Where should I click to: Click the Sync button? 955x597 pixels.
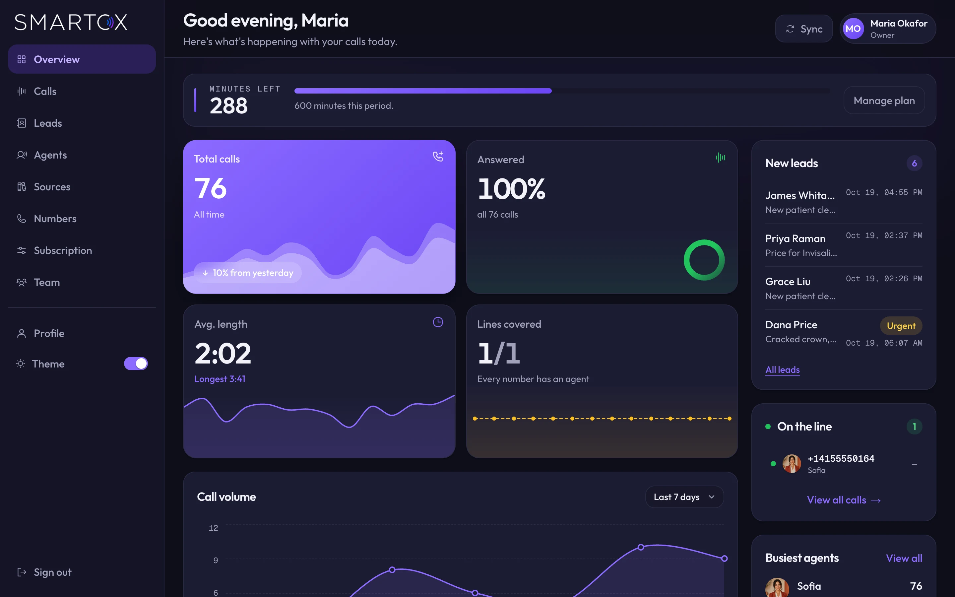pos(803,29)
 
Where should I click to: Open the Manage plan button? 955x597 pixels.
pos(884,101)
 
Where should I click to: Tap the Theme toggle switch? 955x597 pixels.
pos(136,364)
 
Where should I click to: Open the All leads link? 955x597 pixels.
pos(783,369)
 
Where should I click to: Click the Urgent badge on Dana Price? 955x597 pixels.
pos(901,326)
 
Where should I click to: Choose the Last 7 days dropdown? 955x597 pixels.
pos(684,497)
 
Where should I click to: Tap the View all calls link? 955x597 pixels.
pos(844,500)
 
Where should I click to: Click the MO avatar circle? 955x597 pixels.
pos(853,29)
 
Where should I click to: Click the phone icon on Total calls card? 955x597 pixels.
pos(438,156)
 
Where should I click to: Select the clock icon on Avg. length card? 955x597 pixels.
pos(438,322)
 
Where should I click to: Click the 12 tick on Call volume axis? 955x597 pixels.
pos(213,528)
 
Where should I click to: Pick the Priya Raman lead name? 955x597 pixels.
pos(795,238)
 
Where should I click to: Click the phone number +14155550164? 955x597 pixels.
pos(841,458)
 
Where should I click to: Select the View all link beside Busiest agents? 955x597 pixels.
pos(904,558)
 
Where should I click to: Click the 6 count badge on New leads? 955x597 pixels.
pos(914,164)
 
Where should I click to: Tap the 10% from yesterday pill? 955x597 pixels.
pos(248,273)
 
